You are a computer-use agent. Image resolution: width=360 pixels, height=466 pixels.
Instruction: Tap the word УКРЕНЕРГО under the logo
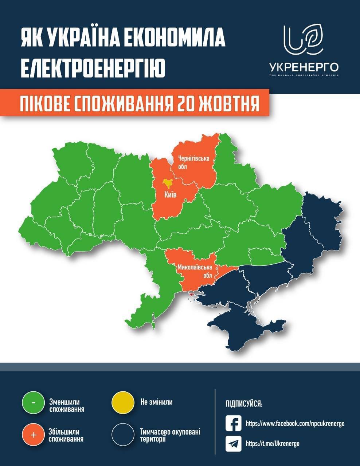point(304,67)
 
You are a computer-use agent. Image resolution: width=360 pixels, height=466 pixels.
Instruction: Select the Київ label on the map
point(170,195)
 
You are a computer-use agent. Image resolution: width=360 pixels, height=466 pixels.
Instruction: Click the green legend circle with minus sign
point(33,403)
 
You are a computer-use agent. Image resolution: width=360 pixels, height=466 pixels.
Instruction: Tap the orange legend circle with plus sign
point(33,434)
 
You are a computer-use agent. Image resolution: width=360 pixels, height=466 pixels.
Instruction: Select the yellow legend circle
point(122,403)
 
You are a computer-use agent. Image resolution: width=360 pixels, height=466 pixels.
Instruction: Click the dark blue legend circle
point(122,434)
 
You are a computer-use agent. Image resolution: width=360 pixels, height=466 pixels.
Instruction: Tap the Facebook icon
point(234,423)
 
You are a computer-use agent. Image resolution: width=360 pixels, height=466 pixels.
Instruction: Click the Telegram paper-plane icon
point(234,443)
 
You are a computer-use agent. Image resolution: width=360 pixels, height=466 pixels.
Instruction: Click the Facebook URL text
point(295,424)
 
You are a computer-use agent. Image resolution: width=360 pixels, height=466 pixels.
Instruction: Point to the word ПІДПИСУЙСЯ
point(244,404)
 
